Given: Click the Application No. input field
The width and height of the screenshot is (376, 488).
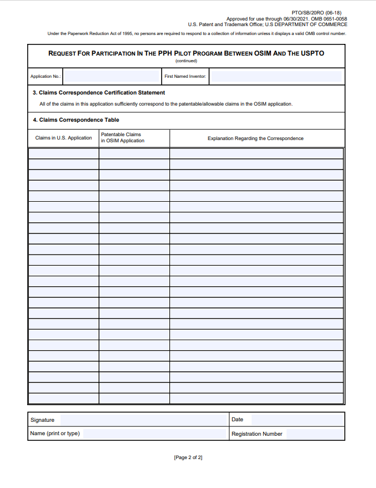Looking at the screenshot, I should [112, 77].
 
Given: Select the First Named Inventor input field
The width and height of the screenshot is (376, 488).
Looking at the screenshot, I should [276, 77].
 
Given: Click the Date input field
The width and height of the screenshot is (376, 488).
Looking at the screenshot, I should [294, 420].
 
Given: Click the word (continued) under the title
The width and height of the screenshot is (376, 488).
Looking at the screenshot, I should [186, 61].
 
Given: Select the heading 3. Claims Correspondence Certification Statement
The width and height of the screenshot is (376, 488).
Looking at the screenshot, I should [99, 93].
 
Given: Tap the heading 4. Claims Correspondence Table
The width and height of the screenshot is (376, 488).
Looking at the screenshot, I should [76, 119].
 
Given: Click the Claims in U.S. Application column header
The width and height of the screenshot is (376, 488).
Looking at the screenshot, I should [63, 138].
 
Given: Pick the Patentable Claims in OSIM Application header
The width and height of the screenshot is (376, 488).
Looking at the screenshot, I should [122, 138].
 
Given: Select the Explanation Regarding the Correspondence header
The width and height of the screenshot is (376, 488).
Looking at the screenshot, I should [255, 138].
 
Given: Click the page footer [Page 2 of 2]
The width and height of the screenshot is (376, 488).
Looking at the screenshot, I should [188, 457].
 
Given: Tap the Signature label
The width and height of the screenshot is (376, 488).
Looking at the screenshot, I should [42, 420].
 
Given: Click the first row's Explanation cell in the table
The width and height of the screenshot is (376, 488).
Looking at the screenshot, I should [257, 153].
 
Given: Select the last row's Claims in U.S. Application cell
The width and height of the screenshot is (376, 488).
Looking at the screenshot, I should [63, 399].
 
